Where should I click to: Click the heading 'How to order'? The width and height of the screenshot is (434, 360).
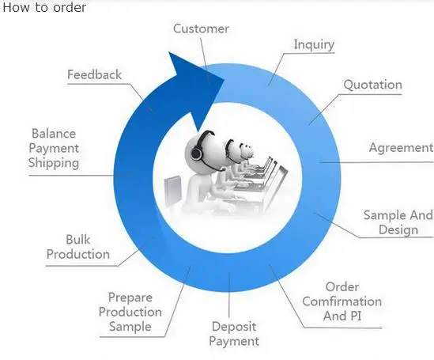[x=44, y=7]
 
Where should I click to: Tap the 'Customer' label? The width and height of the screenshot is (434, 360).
[x=201, y=28]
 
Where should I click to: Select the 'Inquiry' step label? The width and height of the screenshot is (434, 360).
[x=314, y=44]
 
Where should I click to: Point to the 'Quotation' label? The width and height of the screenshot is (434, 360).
[x=372, y=85]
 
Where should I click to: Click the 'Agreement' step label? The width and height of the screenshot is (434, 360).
[x=401, y=148]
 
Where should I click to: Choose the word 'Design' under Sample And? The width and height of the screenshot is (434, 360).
[x=398, y=229]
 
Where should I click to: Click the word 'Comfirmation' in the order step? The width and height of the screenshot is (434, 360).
[x=342, y=301]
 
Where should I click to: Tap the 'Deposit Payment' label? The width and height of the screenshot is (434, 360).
[x=234, y=334]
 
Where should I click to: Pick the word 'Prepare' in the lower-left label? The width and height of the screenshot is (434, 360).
[x=130, y=298]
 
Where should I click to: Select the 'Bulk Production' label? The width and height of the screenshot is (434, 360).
[x=78, y=247]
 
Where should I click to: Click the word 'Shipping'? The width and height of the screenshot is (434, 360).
[x=54, y=163]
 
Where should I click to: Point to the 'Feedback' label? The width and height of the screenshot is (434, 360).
[x=94, y=74]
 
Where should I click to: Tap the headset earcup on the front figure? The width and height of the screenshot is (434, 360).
[x=197, y=153]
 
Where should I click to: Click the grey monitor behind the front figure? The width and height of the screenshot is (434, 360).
[x=172, y=191]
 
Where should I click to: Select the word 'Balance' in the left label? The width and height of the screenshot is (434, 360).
[x=54, y=134]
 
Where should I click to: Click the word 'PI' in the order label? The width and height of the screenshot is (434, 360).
[x=356, y=316]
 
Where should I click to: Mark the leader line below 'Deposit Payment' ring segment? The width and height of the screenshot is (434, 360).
[x=229, y=294]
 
